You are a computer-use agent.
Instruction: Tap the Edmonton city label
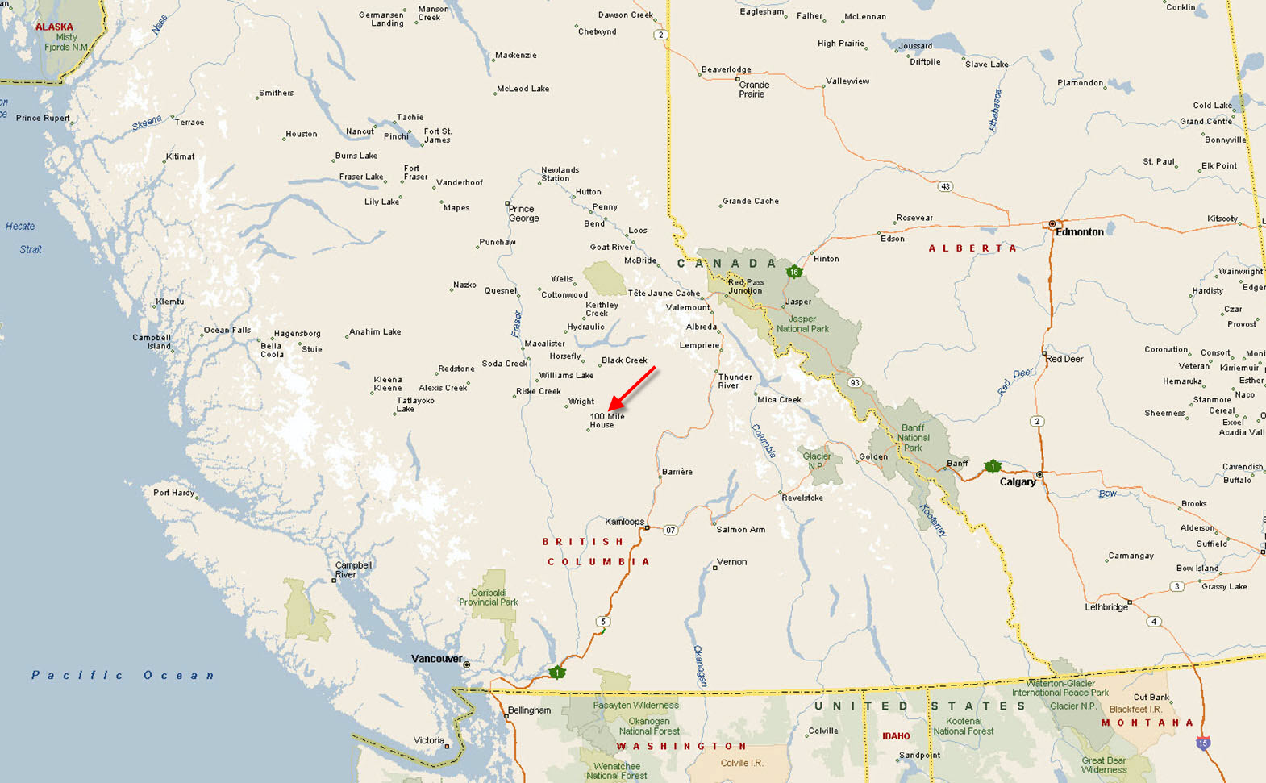(1079, 232)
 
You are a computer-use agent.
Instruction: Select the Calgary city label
(1018, 482)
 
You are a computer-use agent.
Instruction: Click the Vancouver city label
(436, 659)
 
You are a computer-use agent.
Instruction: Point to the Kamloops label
(624, 522)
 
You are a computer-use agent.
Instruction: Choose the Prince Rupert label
(43, 118)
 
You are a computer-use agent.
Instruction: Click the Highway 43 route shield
(945, 186)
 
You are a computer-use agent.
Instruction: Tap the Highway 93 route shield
(855, 382)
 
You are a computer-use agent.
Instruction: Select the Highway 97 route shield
(670, 530)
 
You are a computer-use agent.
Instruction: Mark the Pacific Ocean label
(123, 675)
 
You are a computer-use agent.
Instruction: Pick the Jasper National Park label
(802, 323)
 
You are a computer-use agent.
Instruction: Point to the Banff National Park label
(913, 438)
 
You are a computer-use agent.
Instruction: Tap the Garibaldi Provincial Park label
(488, 598)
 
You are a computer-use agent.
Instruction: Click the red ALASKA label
(54, 27)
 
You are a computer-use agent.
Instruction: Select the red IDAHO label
(896, 736)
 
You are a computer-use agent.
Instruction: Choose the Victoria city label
(428, 740)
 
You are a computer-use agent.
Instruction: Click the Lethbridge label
(1106, 607)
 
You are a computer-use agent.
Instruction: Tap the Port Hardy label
(173, 493)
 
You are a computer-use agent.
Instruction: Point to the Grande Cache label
(750, 201)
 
